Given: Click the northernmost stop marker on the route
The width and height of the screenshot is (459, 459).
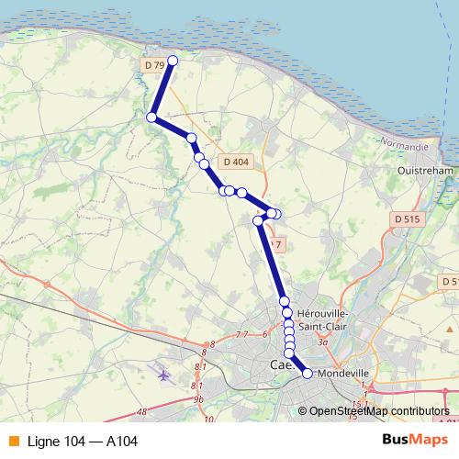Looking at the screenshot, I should coord(172,62).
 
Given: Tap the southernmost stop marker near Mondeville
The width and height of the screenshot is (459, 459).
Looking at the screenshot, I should coord(307,373).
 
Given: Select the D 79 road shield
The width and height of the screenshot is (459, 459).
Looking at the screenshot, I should coord(155,65).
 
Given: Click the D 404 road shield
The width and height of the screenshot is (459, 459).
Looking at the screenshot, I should coord(236,162).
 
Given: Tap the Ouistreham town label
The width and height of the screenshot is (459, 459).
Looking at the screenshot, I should coord(427,170).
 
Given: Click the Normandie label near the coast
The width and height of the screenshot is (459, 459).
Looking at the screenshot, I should coord(406,146).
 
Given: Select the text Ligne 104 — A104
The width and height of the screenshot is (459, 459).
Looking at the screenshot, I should coord(83,442).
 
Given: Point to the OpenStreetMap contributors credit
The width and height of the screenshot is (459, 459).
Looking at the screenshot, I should coord(378,411).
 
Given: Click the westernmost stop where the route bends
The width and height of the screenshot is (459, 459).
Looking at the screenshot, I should coord(151,117).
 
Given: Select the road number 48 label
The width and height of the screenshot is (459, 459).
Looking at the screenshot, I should coord(141,412).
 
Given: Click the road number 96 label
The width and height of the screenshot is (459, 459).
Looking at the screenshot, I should coord(198,400).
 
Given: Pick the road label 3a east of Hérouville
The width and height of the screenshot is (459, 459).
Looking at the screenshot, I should coord(322,341).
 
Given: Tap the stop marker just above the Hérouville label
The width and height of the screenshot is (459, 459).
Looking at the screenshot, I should coord(285,301).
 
